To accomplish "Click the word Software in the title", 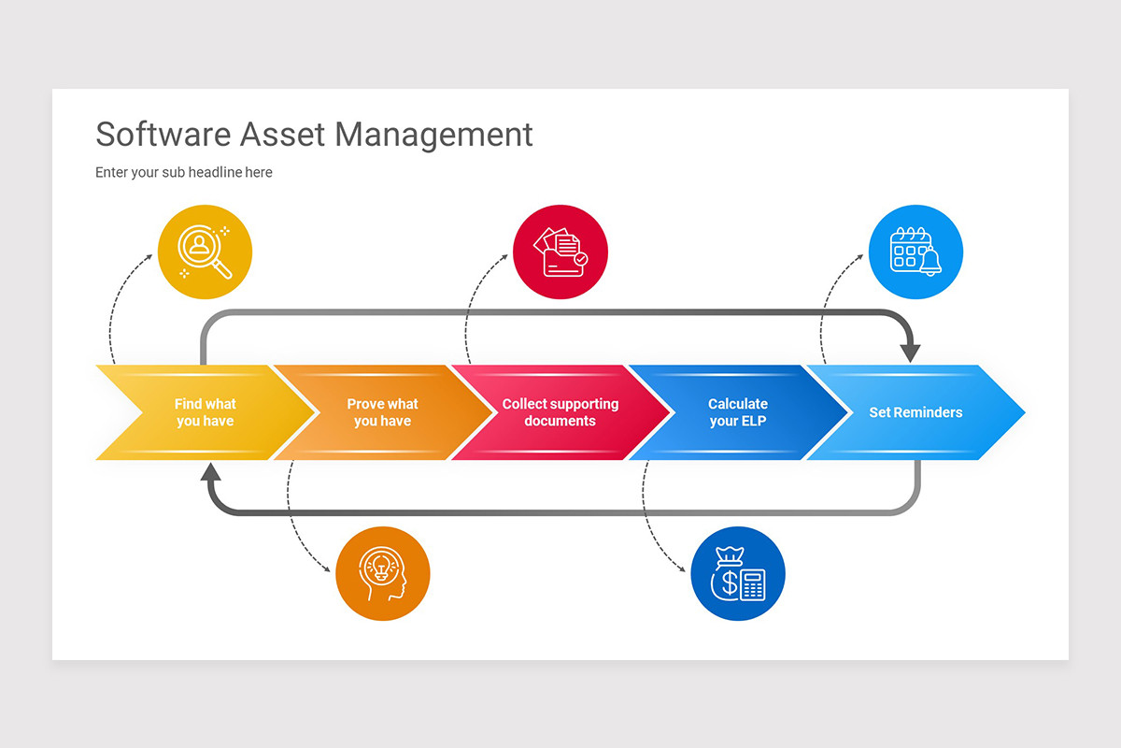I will (163, 134).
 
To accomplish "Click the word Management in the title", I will (434, 136).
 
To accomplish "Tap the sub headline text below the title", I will (184, 172).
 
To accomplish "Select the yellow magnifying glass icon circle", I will (206, 252).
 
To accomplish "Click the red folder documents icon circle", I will (560, 252).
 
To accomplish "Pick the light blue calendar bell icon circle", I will (915, 252).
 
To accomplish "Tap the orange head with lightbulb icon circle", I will (383, 573).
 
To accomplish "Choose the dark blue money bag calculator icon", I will (738, 573).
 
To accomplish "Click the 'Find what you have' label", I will (206, 412).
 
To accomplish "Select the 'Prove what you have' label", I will (382, 412).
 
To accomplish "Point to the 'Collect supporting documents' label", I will (560, 412).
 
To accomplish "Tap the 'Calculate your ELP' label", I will (738, 412).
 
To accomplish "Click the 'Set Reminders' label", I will (915, 412).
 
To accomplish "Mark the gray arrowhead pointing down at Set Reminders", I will (911, 353).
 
